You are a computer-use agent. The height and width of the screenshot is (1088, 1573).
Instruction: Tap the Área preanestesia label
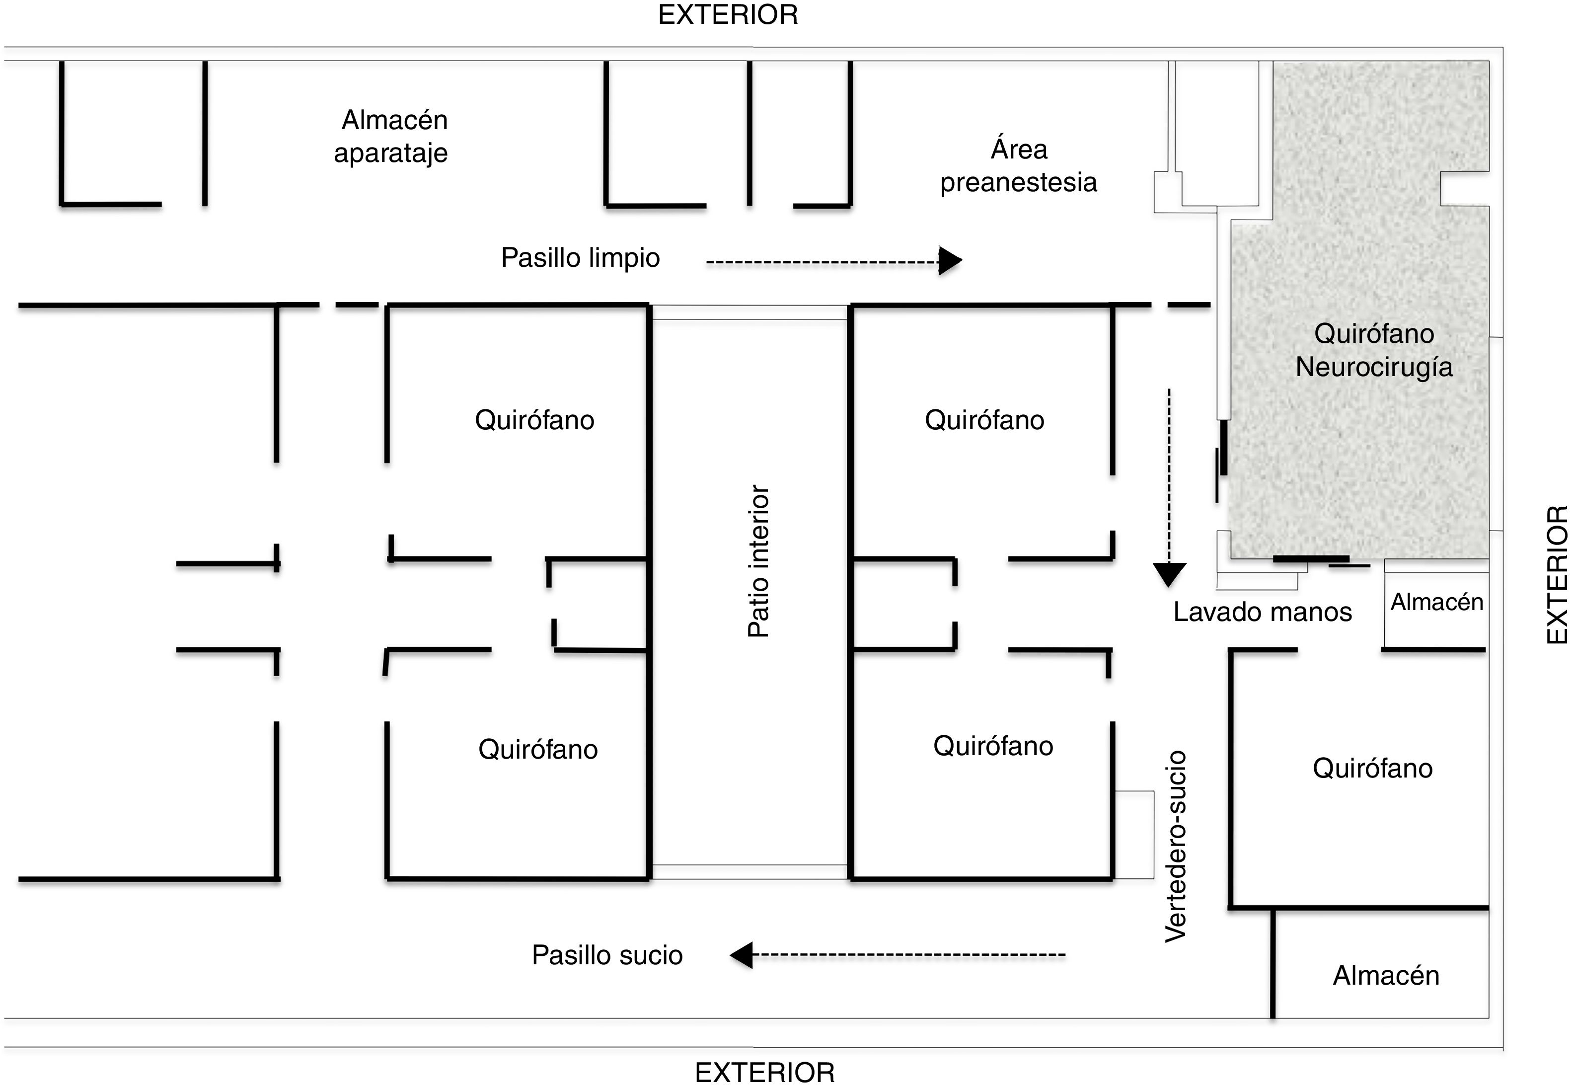pyautogui.click(x=1018, y=165)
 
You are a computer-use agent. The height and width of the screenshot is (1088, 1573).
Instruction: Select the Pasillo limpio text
pyautogui.click(x=580, y=258)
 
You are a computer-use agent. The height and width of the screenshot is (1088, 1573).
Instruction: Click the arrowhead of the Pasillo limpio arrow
pyautogui.click(x=950, y=260)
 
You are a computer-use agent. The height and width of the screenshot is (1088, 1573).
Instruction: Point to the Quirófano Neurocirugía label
pyautogui.click(x=1373, y=350)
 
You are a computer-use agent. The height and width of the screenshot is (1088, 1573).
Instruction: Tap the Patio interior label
pyautogui.click(x=758, y=561)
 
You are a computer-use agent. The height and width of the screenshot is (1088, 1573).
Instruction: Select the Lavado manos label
pyautogui.click(x=1262, y=612)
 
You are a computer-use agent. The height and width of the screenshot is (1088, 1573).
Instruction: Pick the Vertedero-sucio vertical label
pyautogui.click(x=1176, y=847)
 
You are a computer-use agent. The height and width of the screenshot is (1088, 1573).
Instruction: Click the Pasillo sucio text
pyautogui.click(x=606, y=955)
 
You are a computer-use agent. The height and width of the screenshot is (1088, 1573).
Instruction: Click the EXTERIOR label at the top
pyautogui.click(x=728, y=15)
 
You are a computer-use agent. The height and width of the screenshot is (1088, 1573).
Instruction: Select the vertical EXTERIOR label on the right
pyautogui.click(x=1557, y=575)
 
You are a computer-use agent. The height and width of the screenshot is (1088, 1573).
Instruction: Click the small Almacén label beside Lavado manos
pyautogui.click(x=1437, y=602)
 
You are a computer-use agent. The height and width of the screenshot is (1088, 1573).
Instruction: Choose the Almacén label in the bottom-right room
pyautogui.click(x=1386, y=976)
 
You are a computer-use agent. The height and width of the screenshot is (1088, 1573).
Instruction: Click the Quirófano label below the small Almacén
pyautogui.click(x=1372, y=768)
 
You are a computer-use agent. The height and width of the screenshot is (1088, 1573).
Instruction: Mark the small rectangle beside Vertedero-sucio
pyautogui.click(x=1134, y=835)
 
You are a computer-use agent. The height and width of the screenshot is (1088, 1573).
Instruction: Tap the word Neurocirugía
pyautogui.click(x=1373, y=367)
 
